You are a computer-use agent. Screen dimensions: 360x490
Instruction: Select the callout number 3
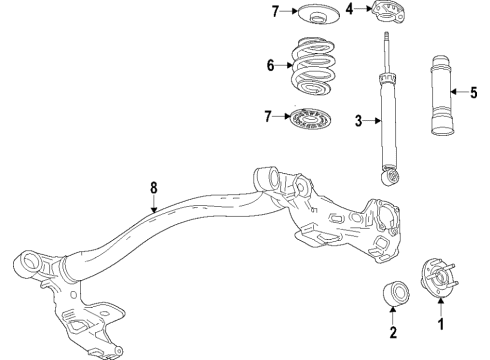click(357, 122)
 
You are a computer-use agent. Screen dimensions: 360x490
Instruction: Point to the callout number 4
click(350, 11)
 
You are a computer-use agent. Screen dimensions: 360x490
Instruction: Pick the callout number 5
click(475, 92)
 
